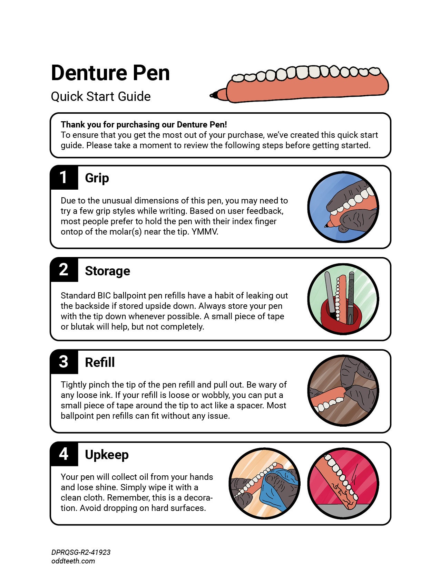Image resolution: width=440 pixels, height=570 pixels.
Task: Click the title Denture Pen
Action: pos(110,73)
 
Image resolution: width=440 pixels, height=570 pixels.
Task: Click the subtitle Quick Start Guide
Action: pos(100,96)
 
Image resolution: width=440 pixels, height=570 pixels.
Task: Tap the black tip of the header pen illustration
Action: pos(214,95)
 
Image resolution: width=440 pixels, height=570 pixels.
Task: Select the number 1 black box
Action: pos(64,178)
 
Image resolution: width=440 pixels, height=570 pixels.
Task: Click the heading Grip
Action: pos(97,178)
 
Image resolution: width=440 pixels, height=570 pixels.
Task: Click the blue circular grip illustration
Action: pos(343,207)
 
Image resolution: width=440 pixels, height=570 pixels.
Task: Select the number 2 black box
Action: pos(64,270)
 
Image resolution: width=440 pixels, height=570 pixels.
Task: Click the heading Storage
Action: pos(107,271)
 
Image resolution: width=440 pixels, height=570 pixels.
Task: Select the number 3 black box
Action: pos(64,362)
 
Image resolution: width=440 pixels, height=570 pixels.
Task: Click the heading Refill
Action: pos(100,363)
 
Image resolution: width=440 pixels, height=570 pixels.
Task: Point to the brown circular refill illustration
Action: pos(343,391)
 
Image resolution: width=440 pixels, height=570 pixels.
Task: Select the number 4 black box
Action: pos(64,454)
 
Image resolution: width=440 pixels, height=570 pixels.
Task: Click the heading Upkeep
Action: pos(107,455)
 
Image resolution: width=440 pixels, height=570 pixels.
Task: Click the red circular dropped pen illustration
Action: pos(343,483)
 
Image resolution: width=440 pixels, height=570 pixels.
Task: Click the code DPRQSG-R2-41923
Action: pos(81,552)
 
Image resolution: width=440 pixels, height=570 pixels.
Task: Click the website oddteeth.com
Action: pos(73,561)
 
